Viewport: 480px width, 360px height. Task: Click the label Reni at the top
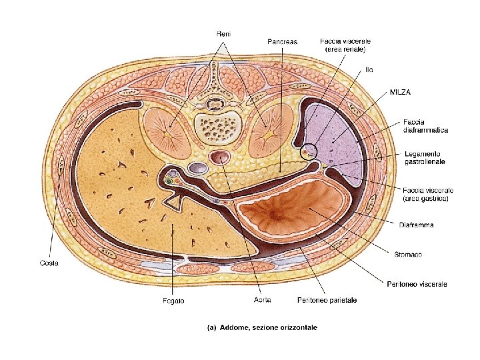pos(223,34)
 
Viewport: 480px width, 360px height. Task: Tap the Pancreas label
pos(282,41)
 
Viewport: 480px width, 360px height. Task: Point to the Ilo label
pos(369,69)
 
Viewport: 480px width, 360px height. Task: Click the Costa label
pos(48,263)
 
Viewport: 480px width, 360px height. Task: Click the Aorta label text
pos(262,301)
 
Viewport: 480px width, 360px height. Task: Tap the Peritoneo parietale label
pos(327,301)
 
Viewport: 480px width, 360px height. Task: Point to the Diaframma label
pos(417,225)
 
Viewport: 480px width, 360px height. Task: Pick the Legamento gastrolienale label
pos(425,157)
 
